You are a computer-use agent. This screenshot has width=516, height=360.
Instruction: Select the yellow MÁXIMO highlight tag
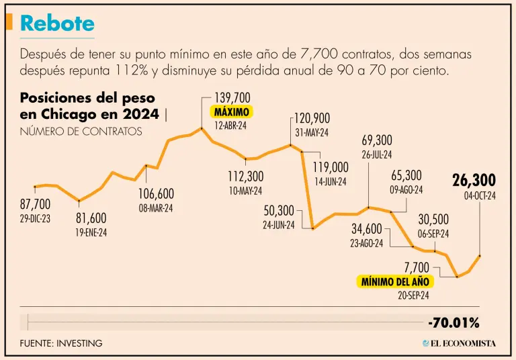click(x=232, y=112)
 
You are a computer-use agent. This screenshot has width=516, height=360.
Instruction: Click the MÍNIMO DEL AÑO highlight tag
click(x=394, y=281)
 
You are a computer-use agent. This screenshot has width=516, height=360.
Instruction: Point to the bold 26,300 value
click(x=474, y=180)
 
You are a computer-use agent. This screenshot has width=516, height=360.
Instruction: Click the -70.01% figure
click(x=454, y=323)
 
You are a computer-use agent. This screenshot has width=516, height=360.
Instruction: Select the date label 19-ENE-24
click(x=91, y=232)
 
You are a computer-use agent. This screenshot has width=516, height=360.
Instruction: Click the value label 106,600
click(x=156, y=194)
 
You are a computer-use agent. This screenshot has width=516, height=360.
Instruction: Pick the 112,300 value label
click(x=245, y=177)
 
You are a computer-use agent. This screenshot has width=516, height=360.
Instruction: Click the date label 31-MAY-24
click(x=312, y=133)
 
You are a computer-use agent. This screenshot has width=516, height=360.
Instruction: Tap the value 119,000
click(x=331, y=167)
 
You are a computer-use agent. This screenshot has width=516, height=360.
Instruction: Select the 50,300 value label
click(x=279, y=211)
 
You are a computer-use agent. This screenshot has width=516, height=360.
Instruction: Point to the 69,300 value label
click(x=377, y=140)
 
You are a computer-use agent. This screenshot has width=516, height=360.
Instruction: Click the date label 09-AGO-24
click(x=406, y=189)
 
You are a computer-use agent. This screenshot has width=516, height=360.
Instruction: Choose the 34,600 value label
click(x=367, y=229)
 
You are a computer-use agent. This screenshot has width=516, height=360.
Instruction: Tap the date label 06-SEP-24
click(x=433, y=233)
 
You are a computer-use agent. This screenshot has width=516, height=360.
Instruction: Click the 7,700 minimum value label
click(x=417, y=268)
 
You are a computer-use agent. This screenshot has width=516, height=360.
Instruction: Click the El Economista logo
click(x=459, y=343)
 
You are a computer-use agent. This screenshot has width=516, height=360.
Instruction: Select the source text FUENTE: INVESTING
click(x=61, y=343)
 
